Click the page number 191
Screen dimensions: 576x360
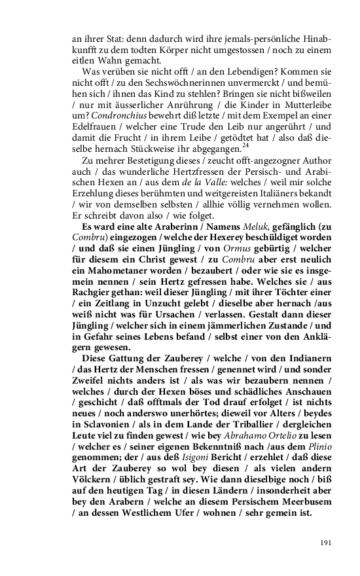pos(325,543)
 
